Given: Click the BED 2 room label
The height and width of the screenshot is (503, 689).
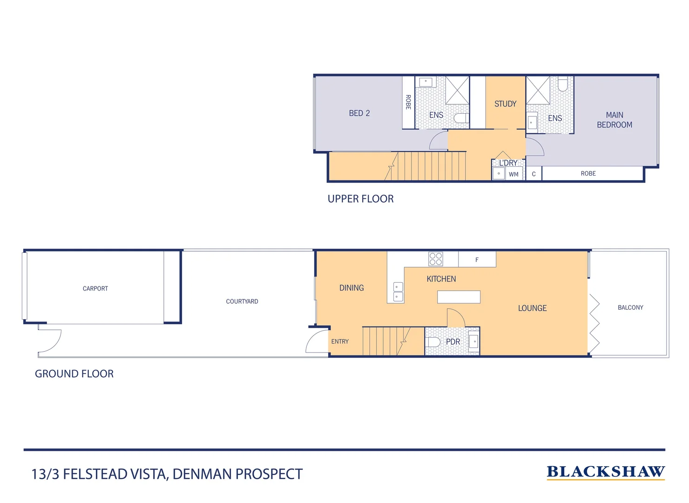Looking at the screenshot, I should click(359, 113).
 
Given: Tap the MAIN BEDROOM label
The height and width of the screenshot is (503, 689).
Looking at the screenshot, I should click(615, 120).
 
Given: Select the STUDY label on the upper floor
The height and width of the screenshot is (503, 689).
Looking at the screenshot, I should click(505, 104).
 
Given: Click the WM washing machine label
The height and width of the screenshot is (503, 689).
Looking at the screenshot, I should click(513, 174).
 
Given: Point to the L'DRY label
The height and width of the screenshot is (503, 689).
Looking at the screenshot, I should click(508, 163).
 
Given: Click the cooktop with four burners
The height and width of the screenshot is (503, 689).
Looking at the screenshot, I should click(436, 259).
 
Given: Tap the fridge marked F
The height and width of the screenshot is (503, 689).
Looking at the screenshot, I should click(477, 259).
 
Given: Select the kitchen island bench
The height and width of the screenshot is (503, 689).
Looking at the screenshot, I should click(459, 297).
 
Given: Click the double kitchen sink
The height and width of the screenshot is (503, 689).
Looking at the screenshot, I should click(398, 292).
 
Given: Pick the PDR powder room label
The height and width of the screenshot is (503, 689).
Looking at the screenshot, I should click(453, 342).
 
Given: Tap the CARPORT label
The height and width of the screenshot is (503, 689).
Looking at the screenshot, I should click(95, 289).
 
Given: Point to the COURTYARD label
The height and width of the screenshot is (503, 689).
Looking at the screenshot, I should click(242, 302).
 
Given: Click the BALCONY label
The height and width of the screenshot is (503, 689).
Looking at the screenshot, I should click(630, 307).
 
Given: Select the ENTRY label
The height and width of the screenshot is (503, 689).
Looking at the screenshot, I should click(340, 341).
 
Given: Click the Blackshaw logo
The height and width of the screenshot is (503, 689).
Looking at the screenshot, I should click(606, 472).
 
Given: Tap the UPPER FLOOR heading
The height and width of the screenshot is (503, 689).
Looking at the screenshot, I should click(360, 199).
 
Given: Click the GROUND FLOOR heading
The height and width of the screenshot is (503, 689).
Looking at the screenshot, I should click(74, 374).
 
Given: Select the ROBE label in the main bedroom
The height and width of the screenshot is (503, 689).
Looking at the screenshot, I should click(588, 174).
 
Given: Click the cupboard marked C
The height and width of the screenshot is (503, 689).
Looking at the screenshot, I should click(534, 174).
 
